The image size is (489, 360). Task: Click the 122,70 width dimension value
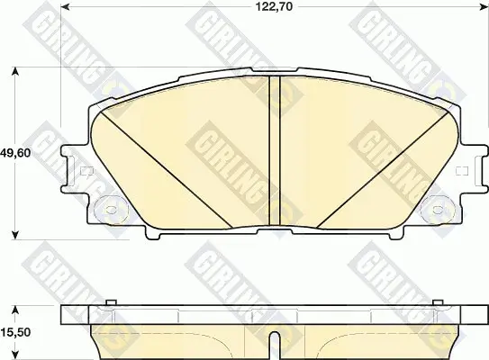[x=275, y=6]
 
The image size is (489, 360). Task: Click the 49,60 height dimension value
[x=15, y=153]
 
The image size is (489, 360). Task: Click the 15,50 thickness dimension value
[x=15, y=332]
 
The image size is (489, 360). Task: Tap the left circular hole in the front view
[x=111, y=210]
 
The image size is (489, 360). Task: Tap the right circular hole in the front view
[x=439, y=210]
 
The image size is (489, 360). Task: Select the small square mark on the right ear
[x=462, y=171]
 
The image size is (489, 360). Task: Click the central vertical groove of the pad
[x=275, y=150]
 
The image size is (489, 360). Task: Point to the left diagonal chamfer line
[x=166, y=169]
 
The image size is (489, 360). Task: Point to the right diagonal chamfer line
[x=383, y=170]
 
